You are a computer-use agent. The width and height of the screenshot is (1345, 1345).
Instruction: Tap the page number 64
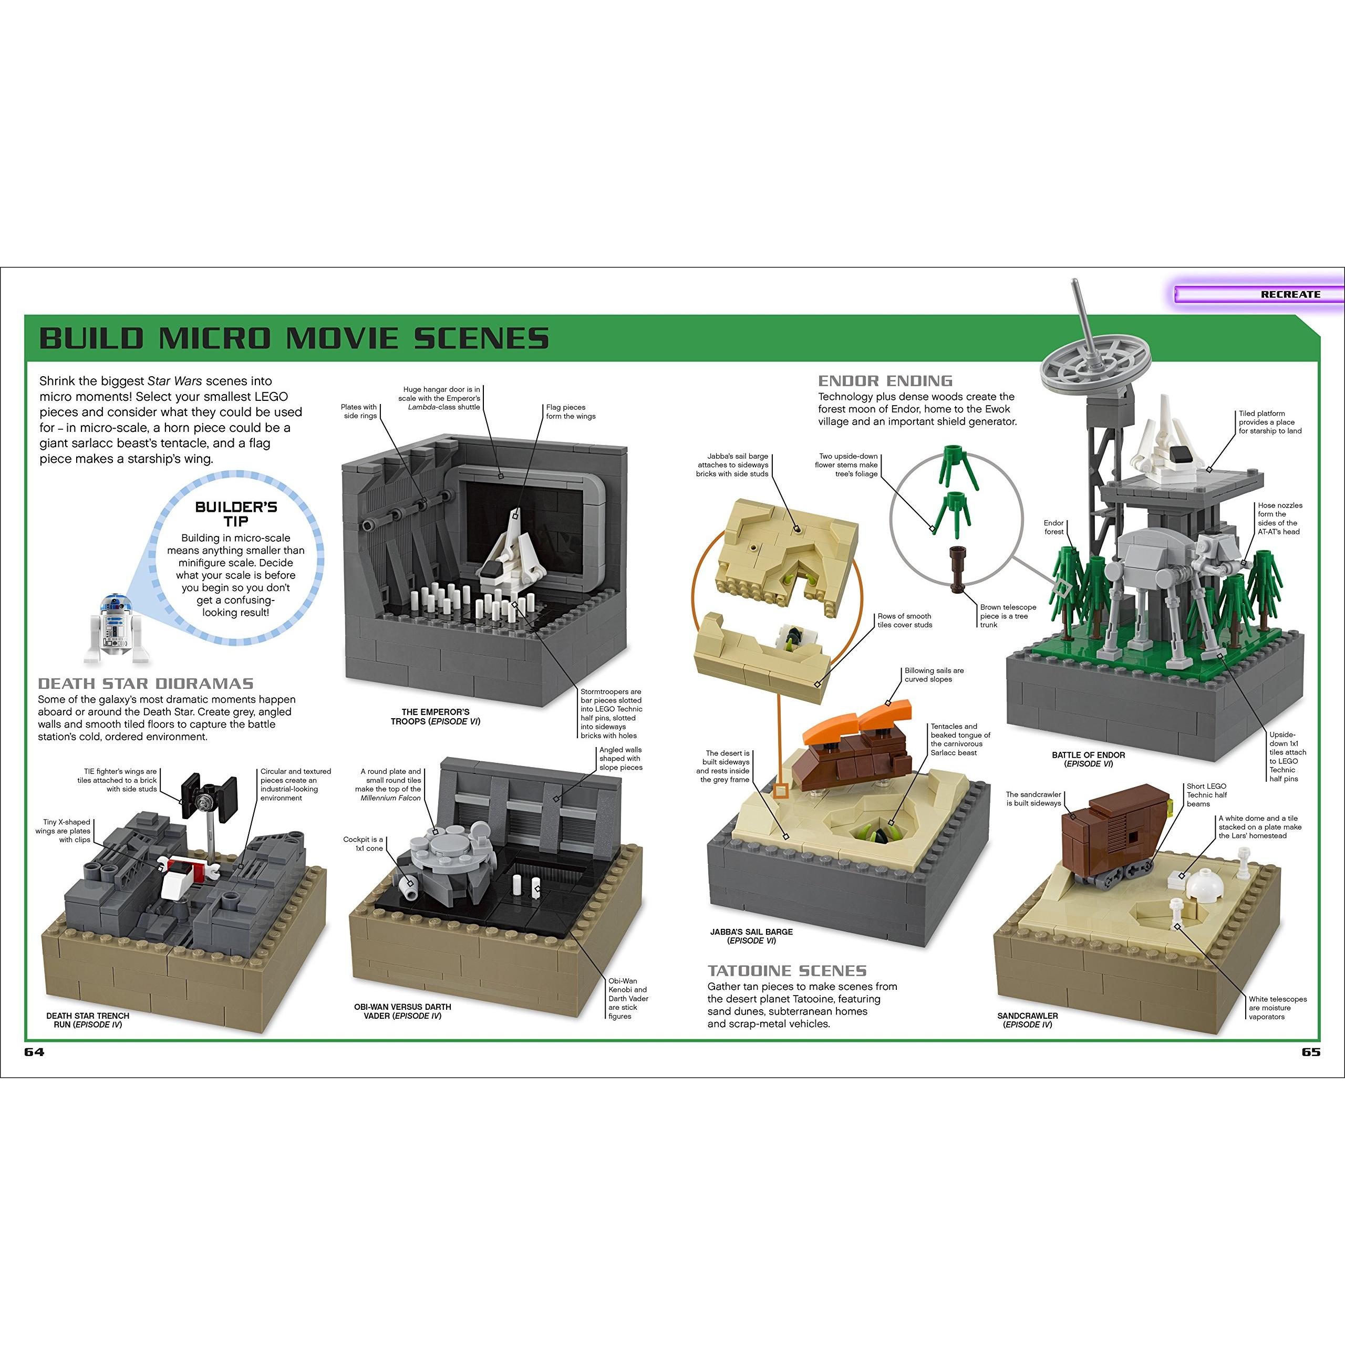click(x=34, y=1052)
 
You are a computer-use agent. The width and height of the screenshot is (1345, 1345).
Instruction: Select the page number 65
click(x=1310, y=1052)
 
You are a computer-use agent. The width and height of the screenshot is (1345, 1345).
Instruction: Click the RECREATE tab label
click(x=1290, y=294)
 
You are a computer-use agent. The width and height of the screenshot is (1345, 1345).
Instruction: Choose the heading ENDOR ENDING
click(x=885, y=381)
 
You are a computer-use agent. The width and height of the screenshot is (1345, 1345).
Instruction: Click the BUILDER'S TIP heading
click(x=236, y=514)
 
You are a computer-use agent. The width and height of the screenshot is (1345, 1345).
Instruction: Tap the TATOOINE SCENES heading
click(x=787, y=970)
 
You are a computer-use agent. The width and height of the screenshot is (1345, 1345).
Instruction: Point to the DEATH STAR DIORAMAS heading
click(x=146, y=684)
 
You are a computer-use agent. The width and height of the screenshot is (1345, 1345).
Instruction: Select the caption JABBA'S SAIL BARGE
click(x=751, y=932)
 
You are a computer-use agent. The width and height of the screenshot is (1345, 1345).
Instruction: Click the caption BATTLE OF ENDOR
click(x=1088, y=754)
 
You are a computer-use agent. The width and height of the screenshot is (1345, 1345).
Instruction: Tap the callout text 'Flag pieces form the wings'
click(x=570, y=411)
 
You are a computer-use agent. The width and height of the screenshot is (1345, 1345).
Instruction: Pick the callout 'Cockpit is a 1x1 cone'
click(x=363, y=844)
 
